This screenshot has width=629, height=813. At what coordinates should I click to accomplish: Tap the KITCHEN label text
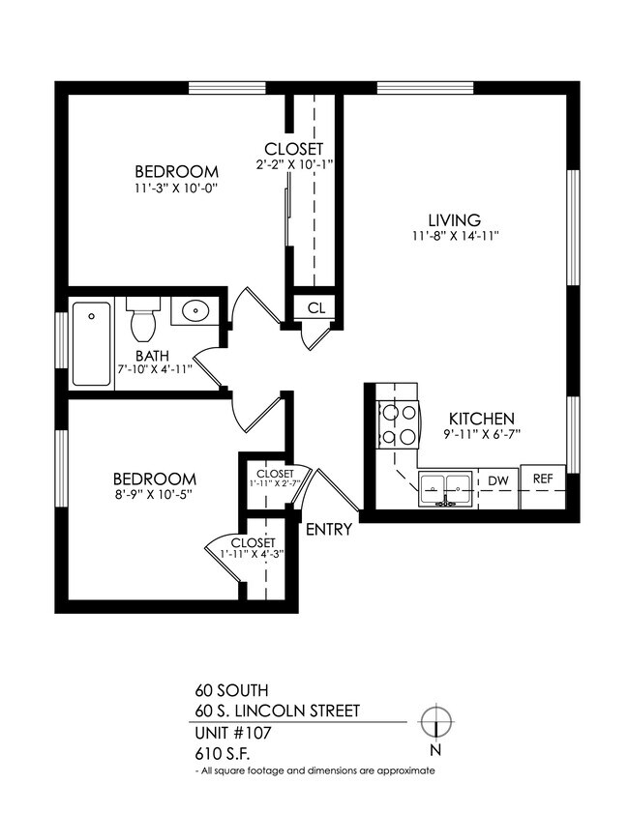click(480, 419)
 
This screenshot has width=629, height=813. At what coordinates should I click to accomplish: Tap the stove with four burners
click(400, 423)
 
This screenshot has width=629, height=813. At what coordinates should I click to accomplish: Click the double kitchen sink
click(445, 489)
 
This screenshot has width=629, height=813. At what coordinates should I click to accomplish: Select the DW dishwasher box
click(497, 480)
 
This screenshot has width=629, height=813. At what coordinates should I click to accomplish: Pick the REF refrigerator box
click(543, 479)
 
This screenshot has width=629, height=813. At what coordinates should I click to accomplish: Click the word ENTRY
click(329, 530)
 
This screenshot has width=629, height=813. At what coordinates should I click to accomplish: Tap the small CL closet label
click(315, 308)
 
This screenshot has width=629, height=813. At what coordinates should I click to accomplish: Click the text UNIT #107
click(233, 733)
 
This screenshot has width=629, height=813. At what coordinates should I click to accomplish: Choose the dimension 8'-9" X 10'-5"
click(154, 496)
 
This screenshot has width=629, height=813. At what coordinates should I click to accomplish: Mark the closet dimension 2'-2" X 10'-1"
click(293, 164)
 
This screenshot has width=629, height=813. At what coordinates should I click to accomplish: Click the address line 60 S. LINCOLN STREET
click(277, 711)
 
